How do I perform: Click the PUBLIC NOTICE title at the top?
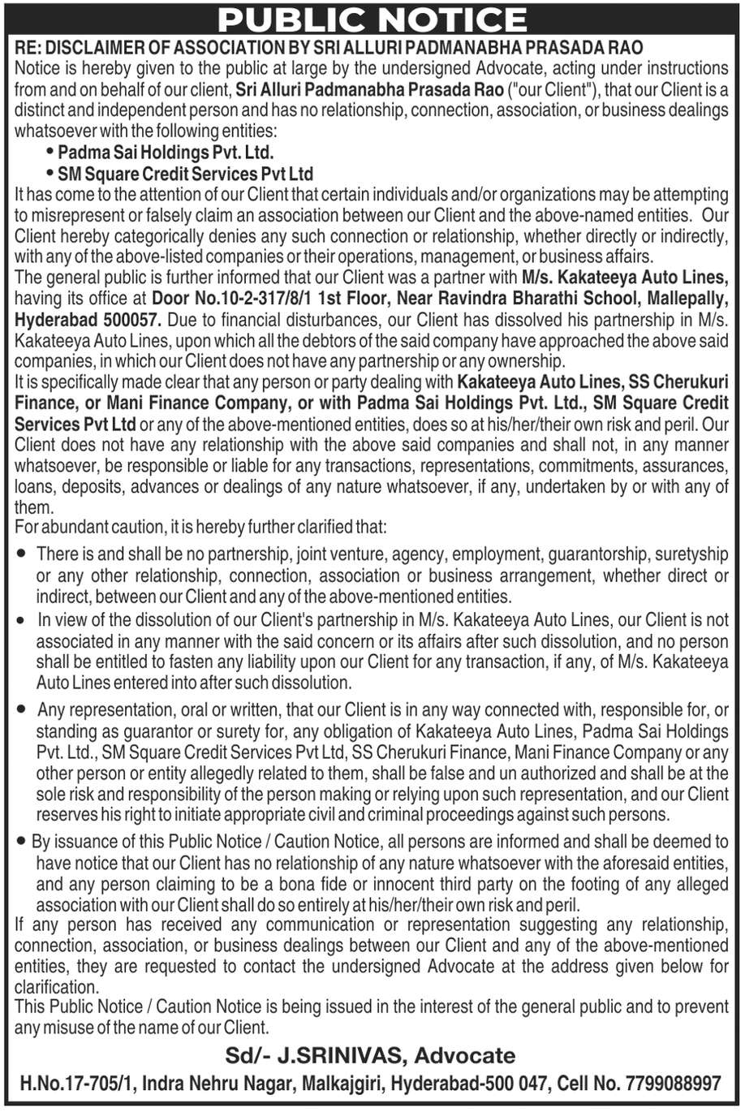pos(372,19)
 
